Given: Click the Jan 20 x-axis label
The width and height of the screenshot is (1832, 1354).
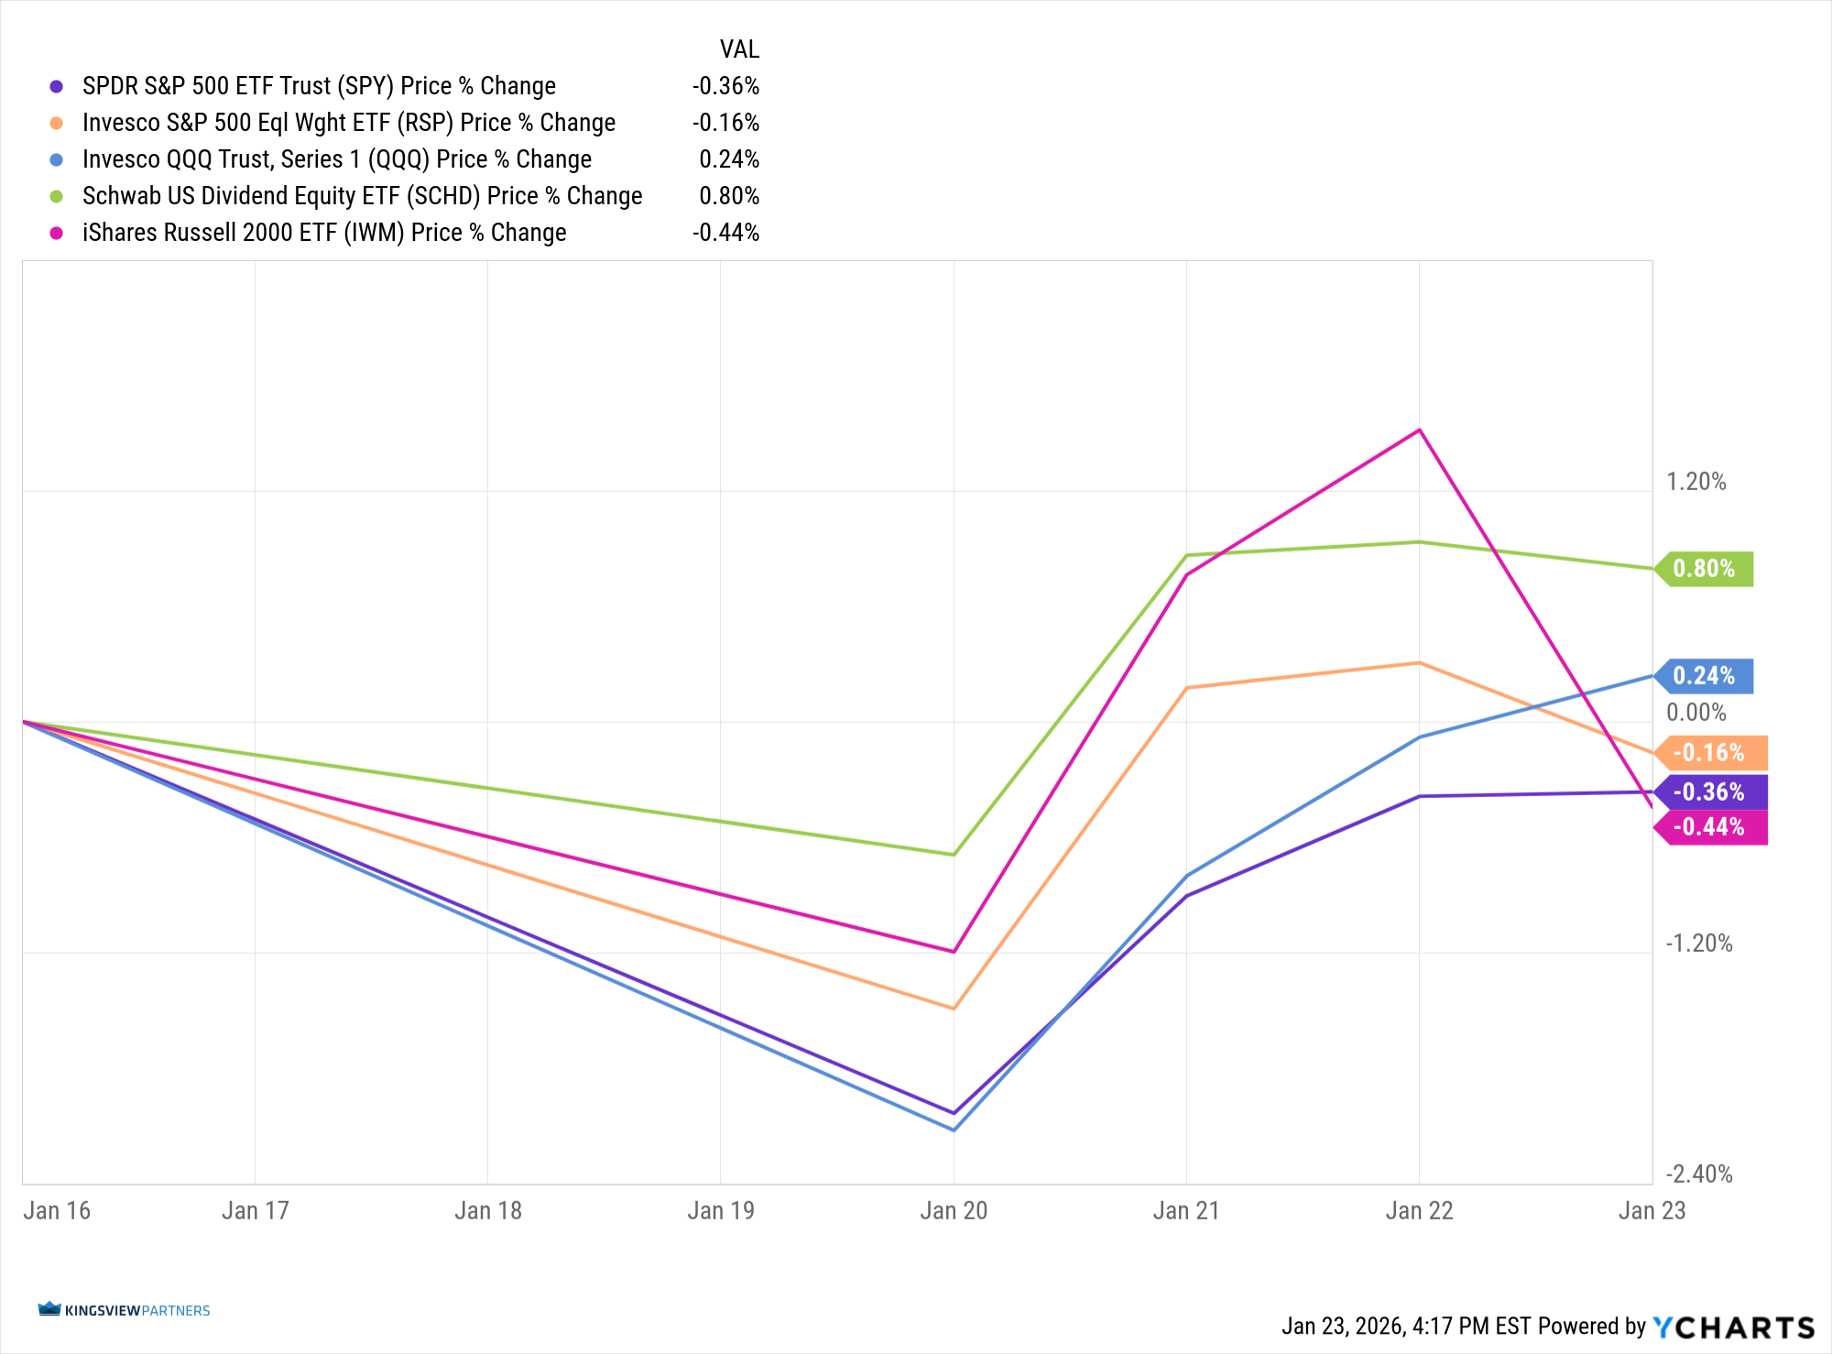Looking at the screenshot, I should coord(954,1211).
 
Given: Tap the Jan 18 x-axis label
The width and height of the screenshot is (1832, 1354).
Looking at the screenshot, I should coord(488,1211).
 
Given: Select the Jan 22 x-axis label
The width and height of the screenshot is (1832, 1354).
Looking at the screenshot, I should coord(1419,1211).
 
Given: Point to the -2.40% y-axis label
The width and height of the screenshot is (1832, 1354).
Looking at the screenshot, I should coord(1699,1174).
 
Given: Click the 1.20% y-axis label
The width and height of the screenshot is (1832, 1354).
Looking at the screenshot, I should coord(1696,482).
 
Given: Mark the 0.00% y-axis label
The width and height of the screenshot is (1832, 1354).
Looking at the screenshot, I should coord(1696,713).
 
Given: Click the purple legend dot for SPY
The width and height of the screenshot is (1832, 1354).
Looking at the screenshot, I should coord(57,86).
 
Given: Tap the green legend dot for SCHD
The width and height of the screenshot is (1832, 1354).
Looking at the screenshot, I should coord(57,196).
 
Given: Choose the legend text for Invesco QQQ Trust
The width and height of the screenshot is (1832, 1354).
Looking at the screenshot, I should coord(337,159).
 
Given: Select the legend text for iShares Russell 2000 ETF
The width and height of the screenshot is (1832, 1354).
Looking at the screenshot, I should coord(324,233).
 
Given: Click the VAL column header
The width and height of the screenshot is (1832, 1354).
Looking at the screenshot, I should coord(739,49).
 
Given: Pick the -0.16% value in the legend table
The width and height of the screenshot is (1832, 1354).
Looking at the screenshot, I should coord(725,123).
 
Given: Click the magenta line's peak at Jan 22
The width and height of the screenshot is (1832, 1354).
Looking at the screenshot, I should coord(1419,430).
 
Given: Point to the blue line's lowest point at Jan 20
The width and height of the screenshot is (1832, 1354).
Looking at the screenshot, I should coord(954,1130).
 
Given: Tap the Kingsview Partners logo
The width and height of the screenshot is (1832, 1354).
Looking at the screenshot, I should coord(125,1310).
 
